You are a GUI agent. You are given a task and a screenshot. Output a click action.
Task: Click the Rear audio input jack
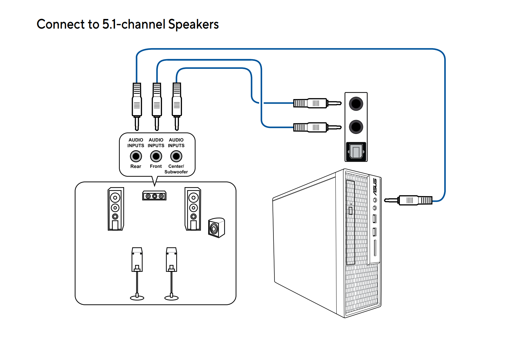(x=136, y=156)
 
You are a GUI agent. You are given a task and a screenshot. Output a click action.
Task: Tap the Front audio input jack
(x=156, y=156)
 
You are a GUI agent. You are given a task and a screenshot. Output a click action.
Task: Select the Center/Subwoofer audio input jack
(x=176, y=156)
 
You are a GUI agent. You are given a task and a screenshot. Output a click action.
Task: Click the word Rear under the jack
(x=136, y=166)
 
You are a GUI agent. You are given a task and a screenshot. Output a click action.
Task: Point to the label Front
(x=156, y=166)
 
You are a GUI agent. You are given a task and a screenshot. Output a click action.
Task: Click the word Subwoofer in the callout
(x=176, y=172)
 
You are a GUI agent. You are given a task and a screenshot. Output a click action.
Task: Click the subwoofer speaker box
(x=216, y=228)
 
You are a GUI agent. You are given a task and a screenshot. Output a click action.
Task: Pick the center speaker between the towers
(x=154, y=196)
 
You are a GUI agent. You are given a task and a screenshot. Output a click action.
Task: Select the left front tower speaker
(x=115, y=209)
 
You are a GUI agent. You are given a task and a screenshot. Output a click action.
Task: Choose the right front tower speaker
(x=193, y=209)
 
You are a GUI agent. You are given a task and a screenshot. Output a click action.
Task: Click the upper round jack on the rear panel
(x=356, y=104)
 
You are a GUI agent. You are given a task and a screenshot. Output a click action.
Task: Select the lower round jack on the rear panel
(x=356, y=127)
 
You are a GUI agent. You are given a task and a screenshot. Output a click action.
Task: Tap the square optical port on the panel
(x=356, y=152)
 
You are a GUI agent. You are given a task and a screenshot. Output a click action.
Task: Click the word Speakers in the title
(x=193, y=24)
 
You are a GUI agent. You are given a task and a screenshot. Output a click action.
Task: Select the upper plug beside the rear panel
(x=317, y=103)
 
